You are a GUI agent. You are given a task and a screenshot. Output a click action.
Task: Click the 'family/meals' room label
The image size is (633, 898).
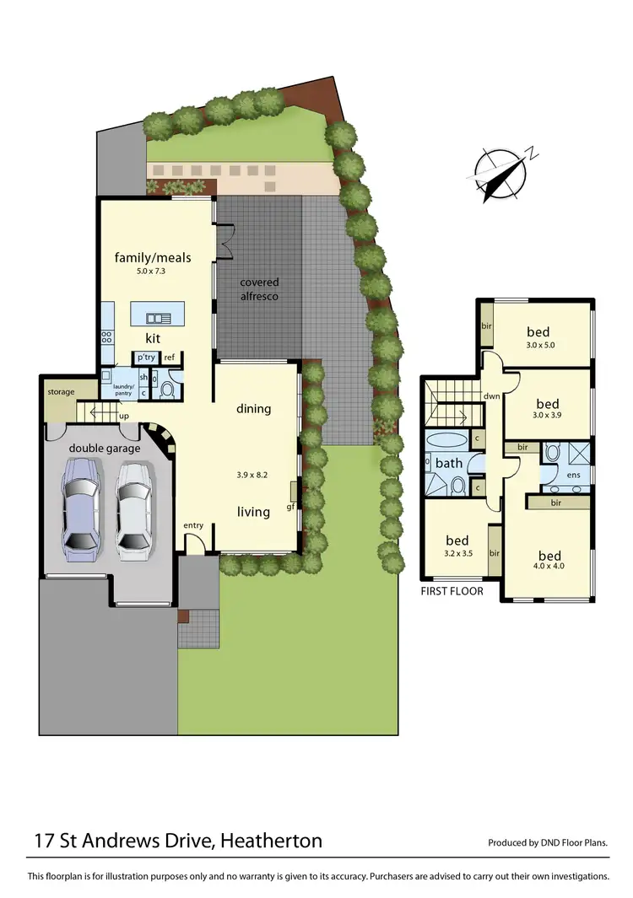[153, 257]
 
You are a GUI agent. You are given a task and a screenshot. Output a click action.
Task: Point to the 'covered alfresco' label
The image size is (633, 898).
[259, 289]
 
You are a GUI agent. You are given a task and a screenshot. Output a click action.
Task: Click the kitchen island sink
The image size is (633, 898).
[158, 318]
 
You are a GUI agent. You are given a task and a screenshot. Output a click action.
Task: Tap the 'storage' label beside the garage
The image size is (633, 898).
[61, 392]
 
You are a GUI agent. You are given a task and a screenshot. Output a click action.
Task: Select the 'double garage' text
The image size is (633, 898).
[105, 449]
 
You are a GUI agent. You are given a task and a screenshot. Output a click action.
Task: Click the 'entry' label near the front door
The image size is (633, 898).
[193, 526]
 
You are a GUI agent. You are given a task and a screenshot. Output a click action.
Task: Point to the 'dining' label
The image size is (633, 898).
[253, 409]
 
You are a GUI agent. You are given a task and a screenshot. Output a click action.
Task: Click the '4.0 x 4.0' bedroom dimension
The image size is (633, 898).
[549, 567]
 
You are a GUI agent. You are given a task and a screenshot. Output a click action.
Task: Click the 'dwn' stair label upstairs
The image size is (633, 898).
[491, 396]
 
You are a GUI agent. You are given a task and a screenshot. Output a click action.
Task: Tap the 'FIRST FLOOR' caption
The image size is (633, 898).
[452, 591]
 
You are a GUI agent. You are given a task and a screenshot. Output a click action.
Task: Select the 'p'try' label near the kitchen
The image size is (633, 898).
[145, 358]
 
